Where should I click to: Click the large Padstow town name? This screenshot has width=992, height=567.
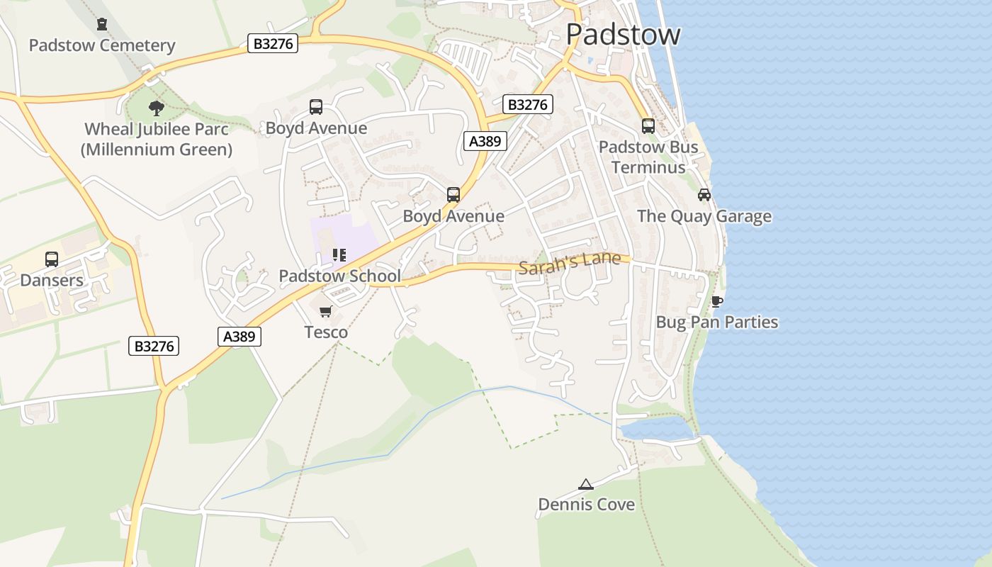click(x=623, y=34)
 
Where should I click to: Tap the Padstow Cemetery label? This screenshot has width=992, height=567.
click(x=102, y=45)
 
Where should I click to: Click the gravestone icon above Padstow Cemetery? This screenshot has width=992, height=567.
click(x=102, y=24)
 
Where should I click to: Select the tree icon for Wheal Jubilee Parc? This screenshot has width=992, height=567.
click(x=157, y=108)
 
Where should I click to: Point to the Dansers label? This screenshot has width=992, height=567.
click(x=52, y=280)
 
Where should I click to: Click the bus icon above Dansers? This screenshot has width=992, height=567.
click(x=52, y=259)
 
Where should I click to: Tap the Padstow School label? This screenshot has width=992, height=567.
click(x=339, y=276)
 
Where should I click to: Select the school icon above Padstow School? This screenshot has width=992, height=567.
click(x=339, y=255)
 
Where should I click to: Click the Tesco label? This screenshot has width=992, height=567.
click(x=326, y=332)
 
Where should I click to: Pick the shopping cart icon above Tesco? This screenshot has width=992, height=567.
click(x=326, y=312)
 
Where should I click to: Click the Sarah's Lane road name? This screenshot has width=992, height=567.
click(x=570, y=264)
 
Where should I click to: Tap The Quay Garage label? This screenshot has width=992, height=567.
click(x=704, y=216)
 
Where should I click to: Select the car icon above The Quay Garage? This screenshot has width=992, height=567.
click(x=704, y=195)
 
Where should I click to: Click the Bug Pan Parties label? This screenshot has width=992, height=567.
click(x=717, y=322)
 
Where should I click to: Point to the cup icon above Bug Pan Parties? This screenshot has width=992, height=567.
click(x=717, y=301)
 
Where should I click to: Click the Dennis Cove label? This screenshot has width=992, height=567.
click(x=587, y=505)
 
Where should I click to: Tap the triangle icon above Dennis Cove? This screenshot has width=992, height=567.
click(x=586, y=485)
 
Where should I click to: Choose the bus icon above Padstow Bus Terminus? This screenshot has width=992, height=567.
click(x=648, y=126)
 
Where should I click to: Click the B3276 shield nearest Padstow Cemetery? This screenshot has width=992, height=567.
click(x=274, y=44)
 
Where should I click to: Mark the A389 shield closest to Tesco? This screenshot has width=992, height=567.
click(x=239, y=337)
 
